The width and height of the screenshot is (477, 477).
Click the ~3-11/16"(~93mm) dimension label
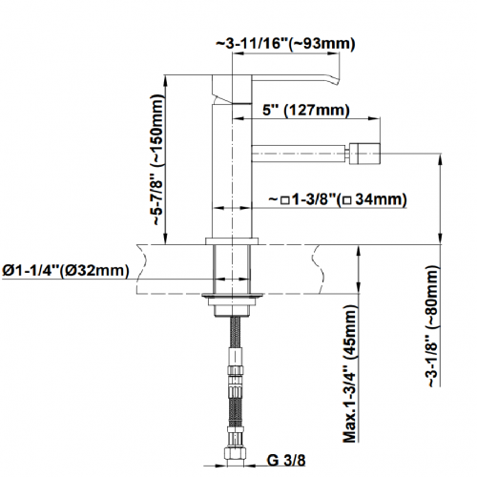[285, 44]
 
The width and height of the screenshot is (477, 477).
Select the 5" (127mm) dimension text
[306, 111]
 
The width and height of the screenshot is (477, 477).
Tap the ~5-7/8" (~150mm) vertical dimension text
[157, 160]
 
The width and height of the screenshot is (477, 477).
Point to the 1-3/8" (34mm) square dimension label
[338, 199]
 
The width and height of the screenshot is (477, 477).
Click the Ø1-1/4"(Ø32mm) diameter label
[66, 271]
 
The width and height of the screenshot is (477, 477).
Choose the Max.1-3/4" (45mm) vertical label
[350, 374]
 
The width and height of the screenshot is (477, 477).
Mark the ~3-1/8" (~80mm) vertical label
[433, 326]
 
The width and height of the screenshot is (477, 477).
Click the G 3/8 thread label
[286, 460]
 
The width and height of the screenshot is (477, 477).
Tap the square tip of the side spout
[364, 154]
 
